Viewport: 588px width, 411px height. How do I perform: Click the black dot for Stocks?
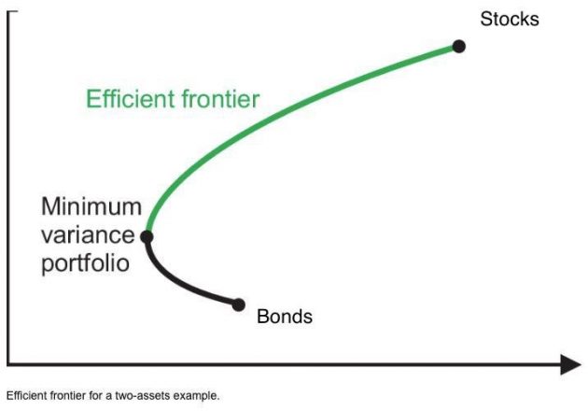[459, 47]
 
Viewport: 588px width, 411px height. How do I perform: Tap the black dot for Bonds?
[239, 305]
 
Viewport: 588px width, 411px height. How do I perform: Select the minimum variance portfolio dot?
[147, 237]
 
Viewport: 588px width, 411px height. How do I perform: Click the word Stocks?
[510, 19]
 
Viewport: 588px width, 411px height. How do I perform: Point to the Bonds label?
[285, 316]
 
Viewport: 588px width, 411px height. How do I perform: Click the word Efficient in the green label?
[131, 99]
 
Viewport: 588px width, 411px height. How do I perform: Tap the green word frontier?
[220, 99]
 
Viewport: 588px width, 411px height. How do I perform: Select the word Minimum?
[91, 206]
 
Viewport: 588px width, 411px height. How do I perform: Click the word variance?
[88, 235]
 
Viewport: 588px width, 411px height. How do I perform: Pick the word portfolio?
[86, 263]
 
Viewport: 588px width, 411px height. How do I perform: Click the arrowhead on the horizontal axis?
[571, 364]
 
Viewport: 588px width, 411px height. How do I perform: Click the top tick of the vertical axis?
[12, 11]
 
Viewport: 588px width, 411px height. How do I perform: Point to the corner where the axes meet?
[8, 363]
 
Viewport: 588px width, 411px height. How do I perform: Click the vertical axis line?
[8, 188]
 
